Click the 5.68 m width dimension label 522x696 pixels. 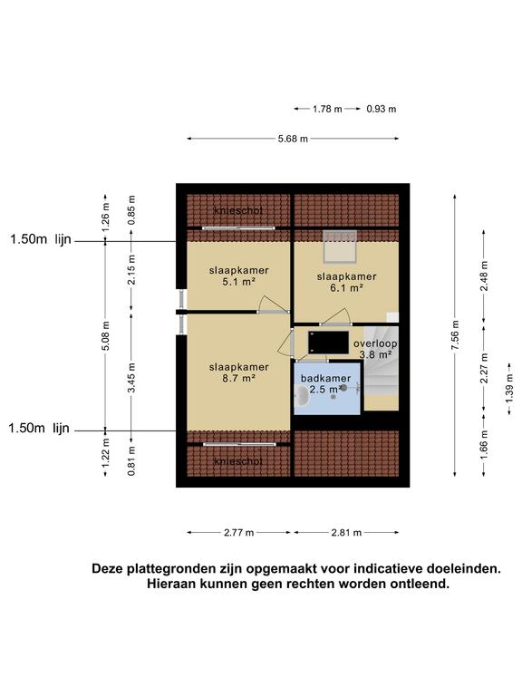coord(293,139)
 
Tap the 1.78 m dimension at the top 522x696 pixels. coord(327,109)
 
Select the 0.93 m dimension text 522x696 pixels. coord(382,109)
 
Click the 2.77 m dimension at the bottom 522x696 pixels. coord(238,533)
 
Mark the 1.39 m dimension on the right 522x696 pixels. coord(509,392)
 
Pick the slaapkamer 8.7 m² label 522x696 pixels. coord(238,372)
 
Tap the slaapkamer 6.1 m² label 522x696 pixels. coord(346,282)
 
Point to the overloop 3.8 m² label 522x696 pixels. coord(374,350)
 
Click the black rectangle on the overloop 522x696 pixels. coord(328,340)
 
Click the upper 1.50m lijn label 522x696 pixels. coord(40,240)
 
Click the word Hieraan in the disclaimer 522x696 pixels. coord(174,585)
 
